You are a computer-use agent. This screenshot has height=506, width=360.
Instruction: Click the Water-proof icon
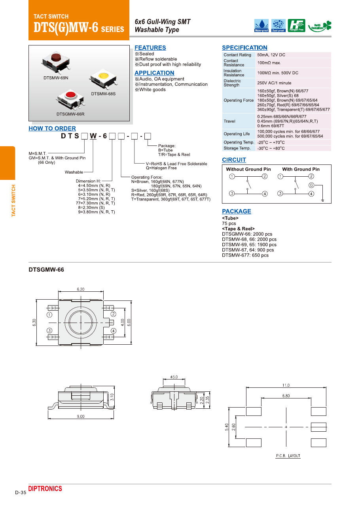pos(261,25)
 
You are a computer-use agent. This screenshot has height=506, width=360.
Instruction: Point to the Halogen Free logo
pos(296,25)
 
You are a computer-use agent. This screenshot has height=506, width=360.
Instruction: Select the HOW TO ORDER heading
pos(52,128)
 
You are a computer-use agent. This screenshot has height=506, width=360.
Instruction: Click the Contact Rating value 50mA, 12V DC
pos(271,55)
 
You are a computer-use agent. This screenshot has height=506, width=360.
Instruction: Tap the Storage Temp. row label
pos(237,148)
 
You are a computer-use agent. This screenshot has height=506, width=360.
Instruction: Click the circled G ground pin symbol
pos(311,185)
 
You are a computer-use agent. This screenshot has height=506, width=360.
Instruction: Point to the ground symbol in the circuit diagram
pos(323,200)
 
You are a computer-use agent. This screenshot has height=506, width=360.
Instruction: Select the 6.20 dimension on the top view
pos(81,289)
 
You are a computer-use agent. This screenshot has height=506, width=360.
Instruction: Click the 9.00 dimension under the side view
pos(81,416)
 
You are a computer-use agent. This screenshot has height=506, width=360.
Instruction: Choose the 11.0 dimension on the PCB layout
pos(286,385)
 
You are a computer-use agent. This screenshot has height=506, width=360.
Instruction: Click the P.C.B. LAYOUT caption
pos(288,456)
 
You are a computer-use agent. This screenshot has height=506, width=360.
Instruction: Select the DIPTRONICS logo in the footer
pos(45,489)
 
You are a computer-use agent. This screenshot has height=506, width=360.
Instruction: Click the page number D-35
pos(21,493)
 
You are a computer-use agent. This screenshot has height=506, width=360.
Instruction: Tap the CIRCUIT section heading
pos(234,160)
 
